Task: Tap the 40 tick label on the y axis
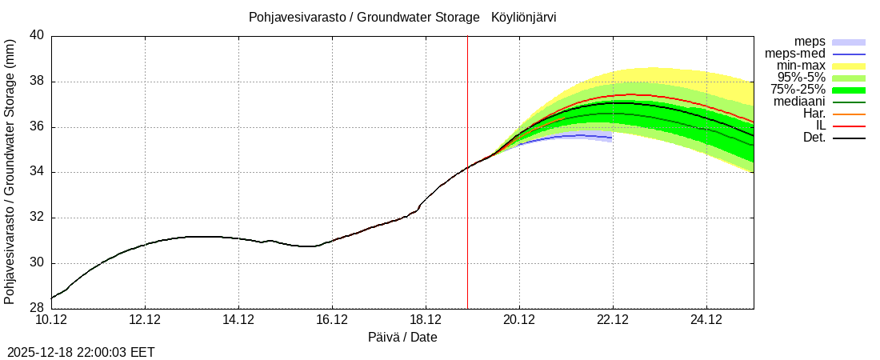coord(37,36)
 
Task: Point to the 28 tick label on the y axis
coord(37,309)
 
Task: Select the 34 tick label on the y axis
coord(37,172)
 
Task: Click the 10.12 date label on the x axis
coord(51,320)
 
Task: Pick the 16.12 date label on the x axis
coord(332,320)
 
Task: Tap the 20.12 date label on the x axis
coord(519,320)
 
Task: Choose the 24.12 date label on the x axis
coord(706,320)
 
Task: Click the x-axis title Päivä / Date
coord(402,337)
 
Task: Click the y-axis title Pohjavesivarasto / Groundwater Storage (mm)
coord(10,172)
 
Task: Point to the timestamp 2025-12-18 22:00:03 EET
coord(81,352)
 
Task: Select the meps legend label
coord(810,42)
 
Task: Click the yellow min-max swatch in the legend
coord(849,66)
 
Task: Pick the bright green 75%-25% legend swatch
coord(849,90)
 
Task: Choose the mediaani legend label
coord(800,102)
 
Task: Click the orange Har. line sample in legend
coord(849,114)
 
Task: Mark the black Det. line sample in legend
coord(849,138)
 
